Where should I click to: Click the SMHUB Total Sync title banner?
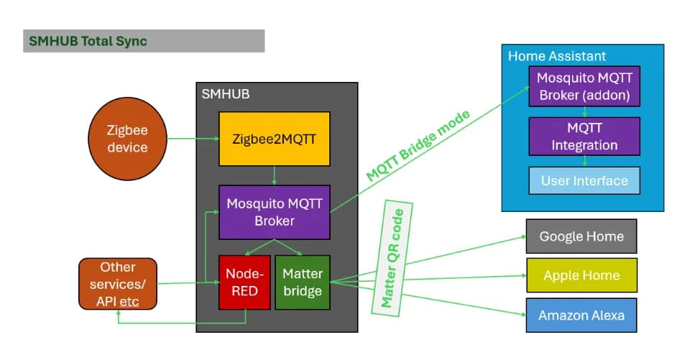coord(144,41)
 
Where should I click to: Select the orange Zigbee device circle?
coord(127,139)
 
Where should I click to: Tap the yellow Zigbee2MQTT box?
coord(275,139)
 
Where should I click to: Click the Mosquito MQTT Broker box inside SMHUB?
coord(275,212)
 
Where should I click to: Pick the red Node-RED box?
coord(244,282)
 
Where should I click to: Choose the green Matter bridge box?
coord(303,282)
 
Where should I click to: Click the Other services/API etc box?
coord(117,284)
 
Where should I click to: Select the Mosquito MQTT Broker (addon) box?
coord(584,86)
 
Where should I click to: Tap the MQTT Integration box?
coord(584,137)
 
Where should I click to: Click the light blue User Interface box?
coord(584,180)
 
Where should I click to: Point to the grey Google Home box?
coord(581,236)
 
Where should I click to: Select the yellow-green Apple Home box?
coord(581,275)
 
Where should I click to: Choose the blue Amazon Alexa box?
coord(581,315)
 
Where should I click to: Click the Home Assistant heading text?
coord(557,56)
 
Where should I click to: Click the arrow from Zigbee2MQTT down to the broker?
coord(275,176)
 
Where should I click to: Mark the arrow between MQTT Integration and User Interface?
coord(584,161)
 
